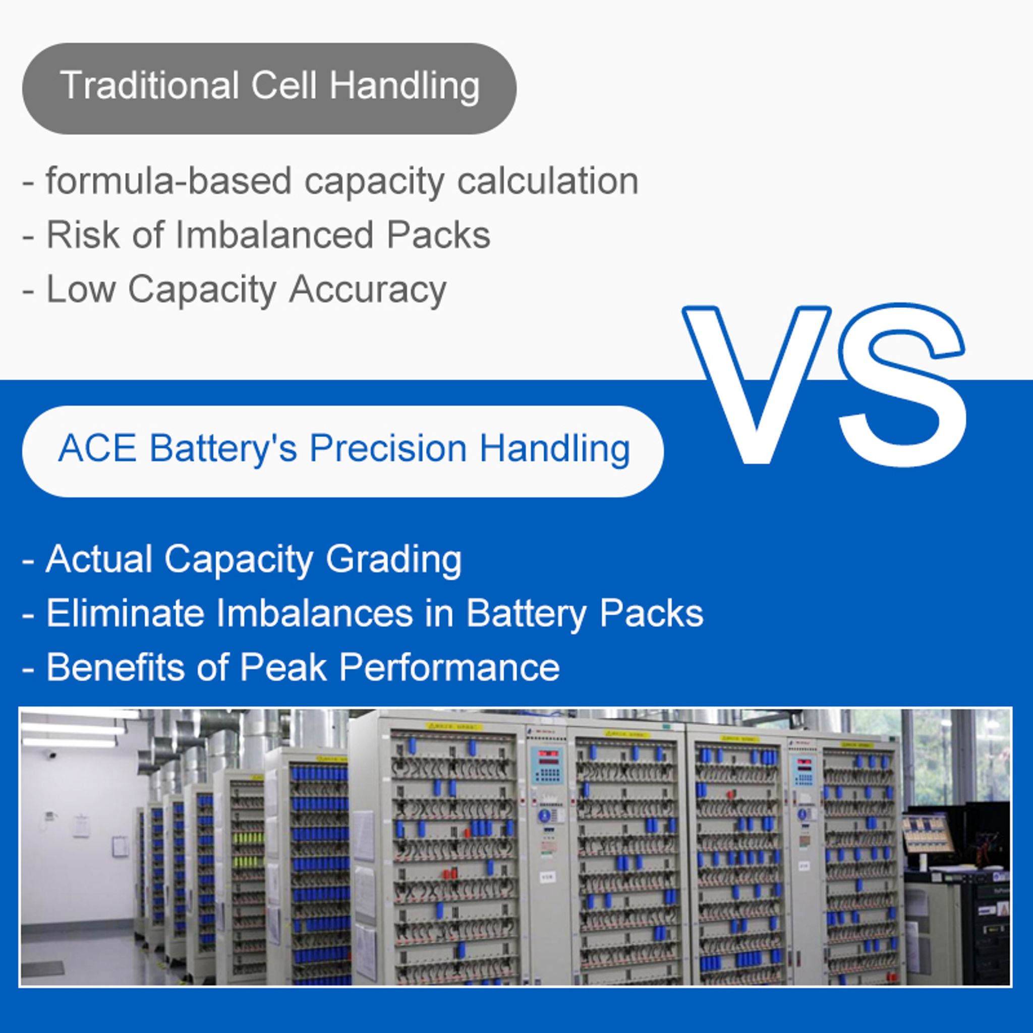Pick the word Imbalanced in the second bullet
(x=273, y=235)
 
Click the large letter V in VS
(x=756, y=384)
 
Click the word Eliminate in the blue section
(x=125, y=613)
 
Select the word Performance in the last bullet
(x=449, y=667)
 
